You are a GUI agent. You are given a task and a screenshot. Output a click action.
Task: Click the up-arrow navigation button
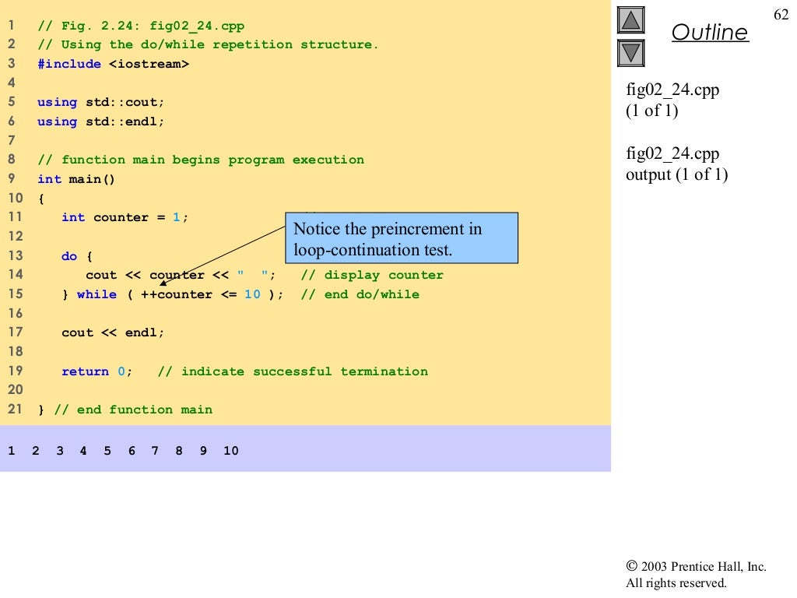pos(631,20)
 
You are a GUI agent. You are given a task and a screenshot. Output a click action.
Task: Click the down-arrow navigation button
pos(631,52)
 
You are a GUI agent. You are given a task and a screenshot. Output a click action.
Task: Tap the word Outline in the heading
pos(709,33)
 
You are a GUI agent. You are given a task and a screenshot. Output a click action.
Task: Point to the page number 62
pos(781,16)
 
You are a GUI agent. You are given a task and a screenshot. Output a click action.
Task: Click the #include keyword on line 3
pos(69,64)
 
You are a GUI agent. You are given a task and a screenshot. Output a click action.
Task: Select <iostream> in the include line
pos(149,64)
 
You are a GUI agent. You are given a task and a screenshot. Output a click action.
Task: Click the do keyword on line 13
pos(69,255)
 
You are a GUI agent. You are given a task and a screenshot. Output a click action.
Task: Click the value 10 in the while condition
pos(252,294)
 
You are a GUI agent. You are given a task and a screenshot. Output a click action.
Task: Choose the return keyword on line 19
pos(85,371)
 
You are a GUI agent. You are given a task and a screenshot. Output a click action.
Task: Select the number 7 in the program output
pos(155,451)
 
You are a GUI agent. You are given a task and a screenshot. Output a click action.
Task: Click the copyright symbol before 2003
pos(631,567)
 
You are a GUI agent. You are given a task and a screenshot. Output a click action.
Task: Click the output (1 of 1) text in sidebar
pos(676,174)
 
